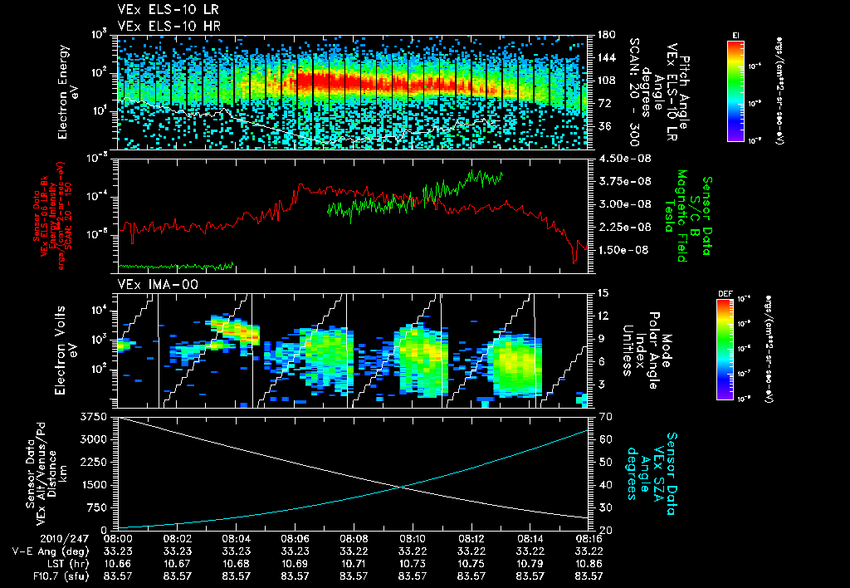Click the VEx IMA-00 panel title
pyautogui.click(x=146, y=285)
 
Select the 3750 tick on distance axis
pyautogui.click(x=94, y=415)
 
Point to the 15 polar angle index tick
pyautogui.click(x=602, y=292)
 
